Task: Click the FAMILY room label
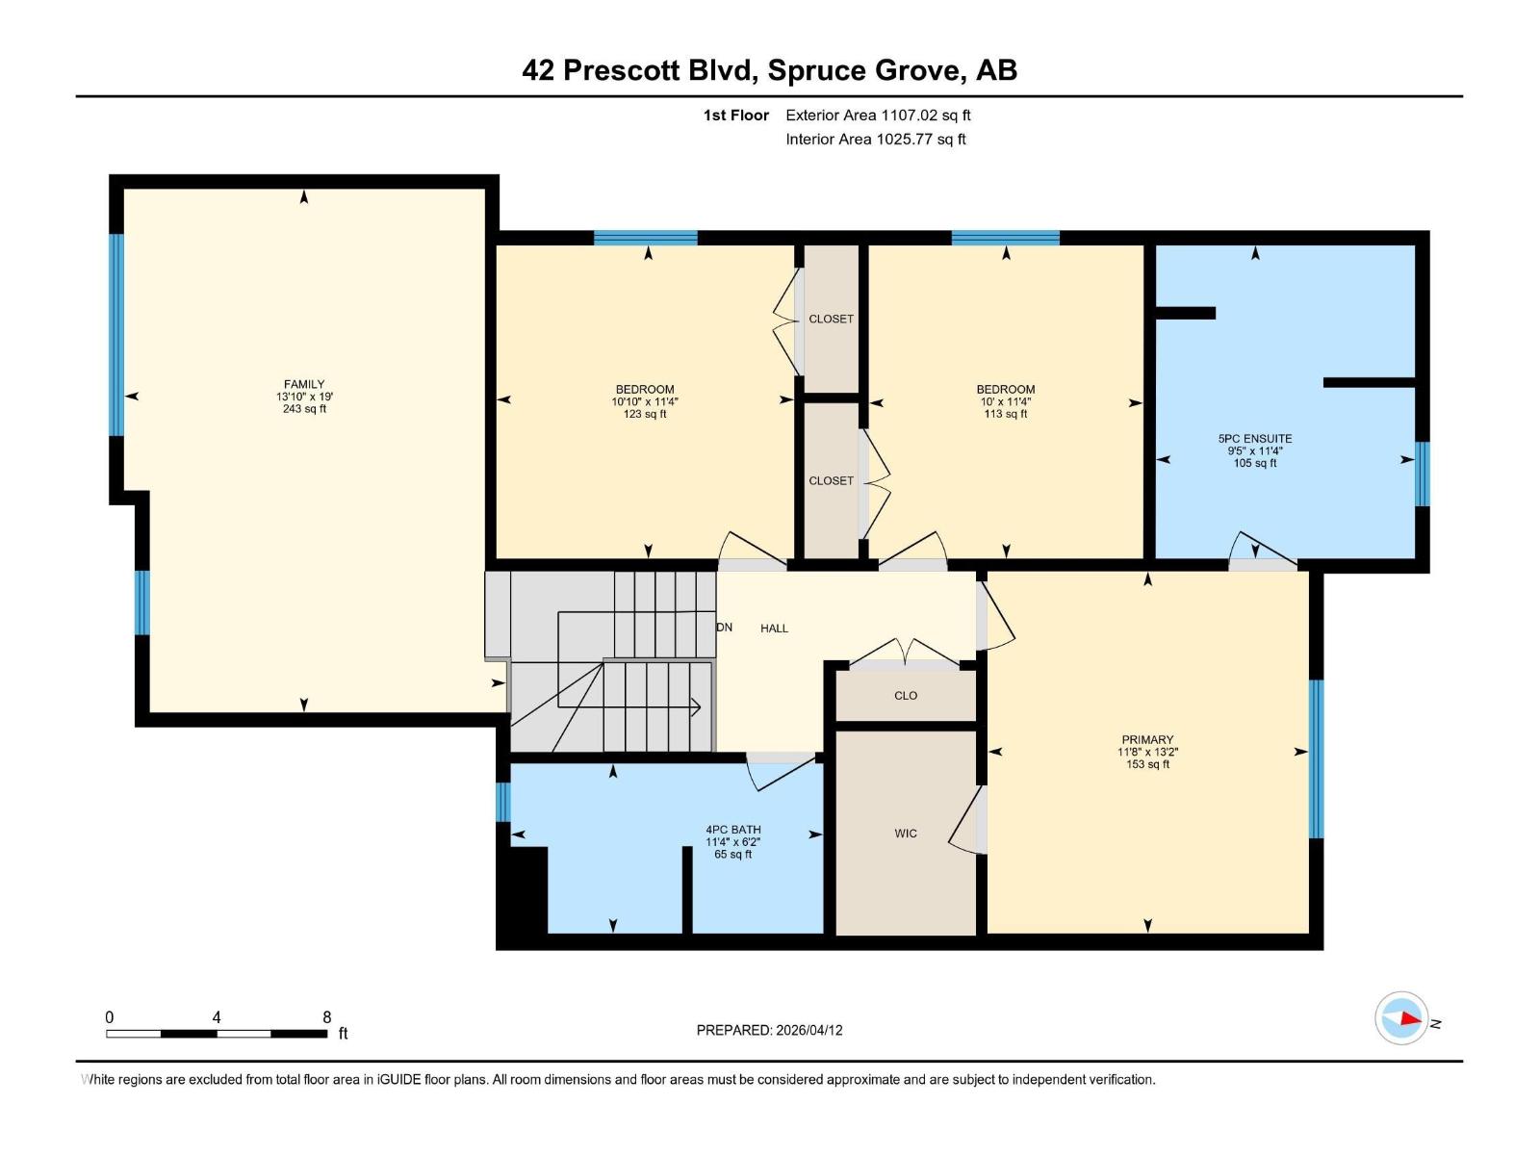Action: coord(304,384)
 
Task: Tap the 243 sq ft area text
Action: coord(304,409)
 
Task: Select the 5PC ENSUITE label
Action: coord(1255,438)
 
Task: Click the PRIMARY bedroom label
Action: coord(1147,740)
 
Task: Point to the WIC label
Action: coord(906,834)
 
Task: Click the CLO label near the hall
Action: coord(906,695)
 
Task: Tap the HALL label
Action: coord(774,629)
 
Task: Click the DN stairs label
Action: coord(725,628)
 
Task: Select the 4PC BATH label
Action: coord(733,830)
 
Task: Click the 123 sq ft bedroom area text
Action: coord(645,415)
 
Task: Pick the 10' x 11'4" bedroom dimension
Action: coord(1006,402)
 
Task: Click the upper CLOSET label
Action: coord(831,319)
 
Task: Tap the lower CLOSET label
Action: coord(831,480)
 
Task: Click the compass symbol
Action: coord(1401,1018)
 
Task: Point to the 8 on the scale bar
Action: coord(327,1017)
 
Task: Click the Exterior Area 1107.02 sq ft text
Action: coord(878,115)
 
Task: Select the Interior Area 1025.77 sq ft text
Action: coord(875,140)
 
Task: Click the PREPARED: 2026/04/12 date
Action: coord(769,1030)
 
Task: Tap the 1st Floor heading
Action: coord(735,115)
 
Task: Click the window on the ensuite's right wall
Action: coord(1422,474)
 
